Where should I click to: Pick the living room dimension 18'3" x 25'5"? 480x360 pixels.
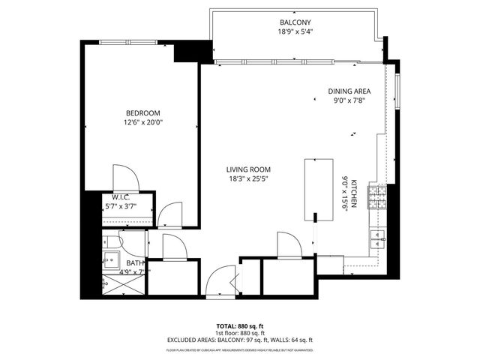pos(250,179)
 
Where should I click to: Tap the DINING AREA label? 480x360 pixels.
pos(349,91)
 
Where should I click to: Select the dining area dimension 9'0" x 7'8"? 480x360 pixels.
pos(349,101)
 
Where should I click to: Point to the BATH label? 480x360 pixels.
pos(135,262)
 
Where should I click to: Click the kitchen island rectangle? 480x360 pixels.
pos(318,188)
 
